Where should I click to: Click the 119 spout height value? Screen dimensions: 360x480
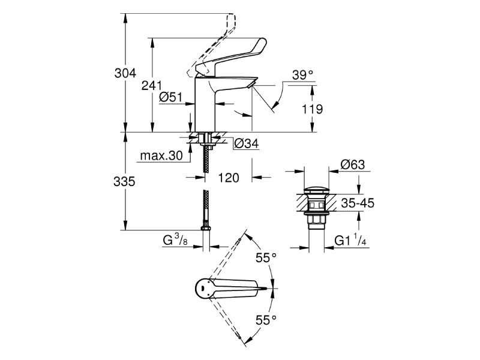click(x=311, y=109)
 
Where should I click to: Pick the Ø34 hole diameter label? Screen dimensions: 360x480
click(x=246, y=143)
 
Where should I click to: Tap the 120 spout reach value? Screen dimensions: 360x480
click(x=228, y=178)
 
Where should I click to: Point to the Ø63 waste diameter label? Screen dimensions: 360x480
click(x=353, y=164)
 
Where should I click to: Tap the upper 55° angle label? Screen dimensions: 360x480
click(x=266, y=258)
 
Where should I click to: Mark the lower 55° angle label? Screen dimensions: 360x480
click(x=266, y=320)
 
